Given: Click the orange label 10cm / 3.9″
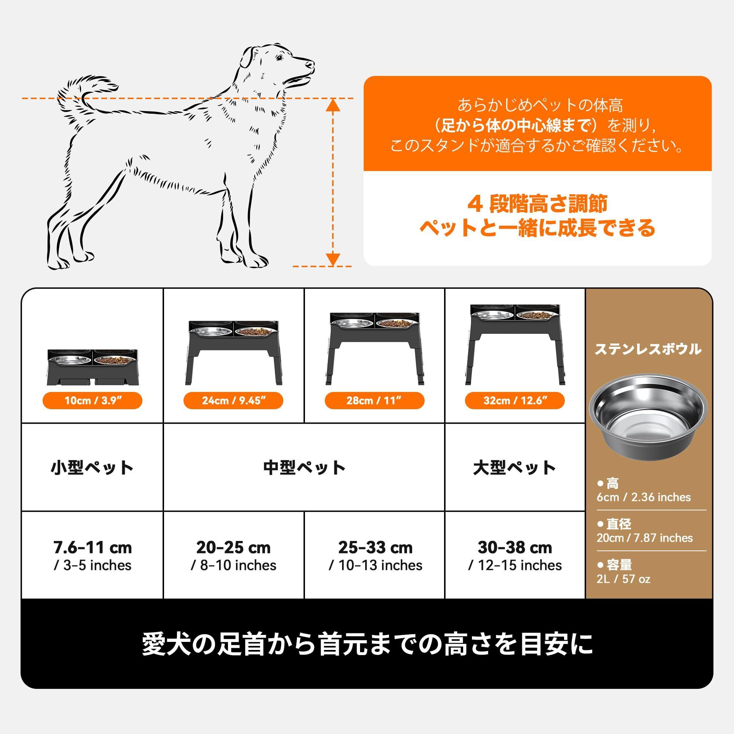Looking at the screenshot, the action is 92,401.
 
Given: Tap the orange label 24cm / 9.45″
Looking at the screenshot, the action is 233,401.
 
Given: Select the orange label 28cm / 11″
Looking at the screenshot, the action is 374,401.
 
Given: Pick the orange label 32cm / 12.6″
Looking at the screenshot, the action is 515,401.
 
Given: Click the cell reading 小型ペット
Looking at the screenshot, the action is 92,467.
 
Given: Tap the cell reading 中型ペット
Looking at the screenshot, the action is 304,467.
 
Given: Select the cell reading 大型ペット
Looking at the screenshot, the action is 515,467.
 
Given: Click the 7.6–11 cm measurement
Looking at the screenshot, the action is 92,548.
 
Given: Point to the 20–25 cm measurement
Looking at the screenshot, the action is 233,548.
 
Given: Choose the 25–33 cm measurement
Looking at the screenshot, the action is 375,548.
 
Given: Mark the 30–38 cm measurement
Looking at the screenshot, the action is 515,548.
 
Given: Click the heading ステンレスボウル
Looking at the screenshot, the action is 648,349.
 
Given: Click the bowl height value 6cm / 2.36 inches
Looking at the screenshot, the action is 644,497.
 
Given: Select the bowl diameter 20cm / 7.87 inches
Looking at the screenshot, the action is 645,538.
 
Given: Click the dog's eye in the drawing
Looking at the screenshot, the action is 279,58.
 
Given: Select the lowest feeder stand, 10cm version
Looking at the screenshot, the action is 92,367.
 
